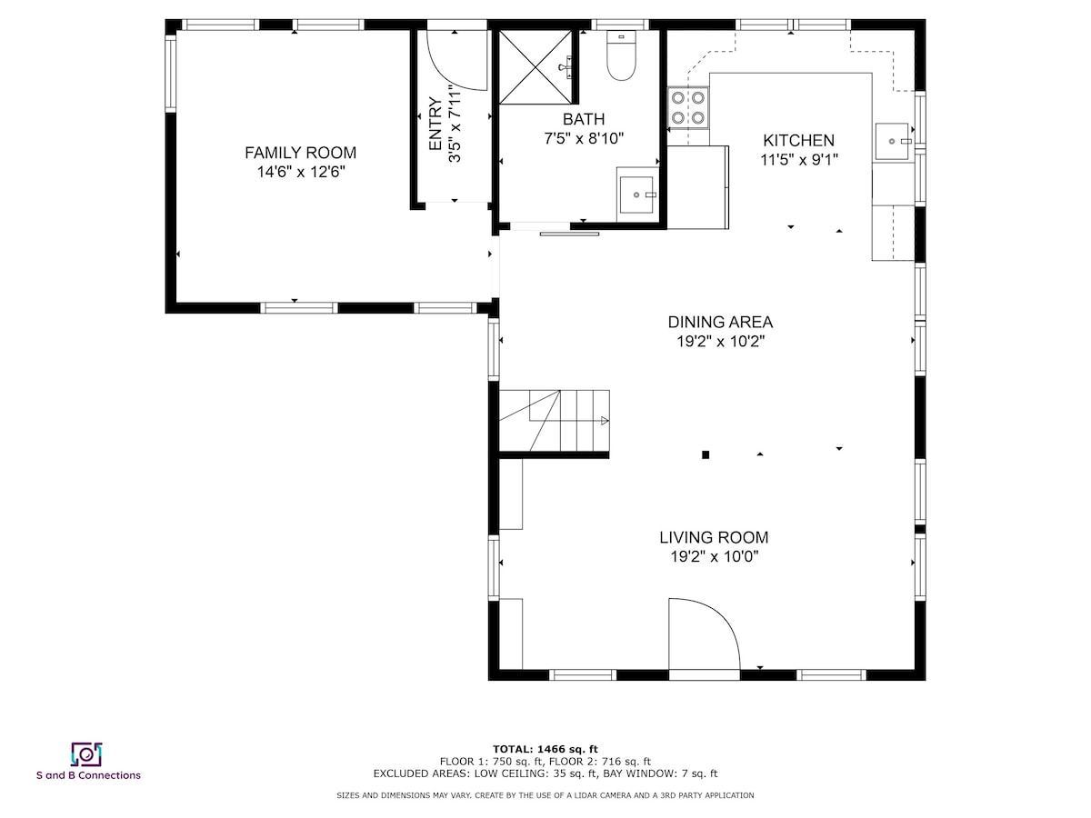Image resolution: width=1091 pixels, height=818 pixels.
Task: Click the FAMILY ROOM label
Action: click(300, 153)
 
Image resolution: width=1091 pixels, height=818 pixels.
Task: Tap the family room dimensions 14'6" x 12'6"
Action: click(301, 172)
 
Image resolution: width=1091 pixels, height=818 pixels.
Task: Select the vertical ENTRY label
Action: click(435, 124)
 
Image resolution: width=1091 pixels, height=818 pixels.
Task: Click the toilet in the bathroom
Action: click(621, 55)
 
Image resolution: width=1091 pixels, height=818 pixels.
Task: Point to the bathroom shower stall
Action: click(535, 67)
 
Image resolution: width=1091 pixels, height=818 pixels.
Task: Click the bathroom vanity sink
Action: click(636, 195)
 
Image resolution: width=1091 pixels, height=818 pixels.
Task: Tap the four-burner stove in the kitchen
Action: click(688, 107)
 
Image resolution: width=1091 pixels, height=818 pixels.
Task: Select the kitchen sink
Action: click(892, 142)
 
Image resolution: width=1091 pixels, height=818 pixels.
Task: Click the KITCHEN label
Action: click(798, 140)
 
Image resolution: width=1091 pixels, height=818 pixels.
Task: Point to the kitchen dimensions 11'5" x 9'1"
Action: click(799, 160)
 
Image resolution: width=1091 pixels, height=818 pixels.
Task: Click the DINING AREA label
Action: click(720, 322)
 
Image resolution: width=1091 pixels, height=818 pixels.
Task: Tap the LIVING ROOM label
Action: click(714, 537)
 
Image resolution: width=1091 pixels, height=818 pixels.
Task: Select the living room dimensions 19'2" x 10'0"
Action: click(715, 556)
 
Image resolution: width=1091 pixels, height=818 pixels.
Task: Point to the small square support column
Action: click(706, 454)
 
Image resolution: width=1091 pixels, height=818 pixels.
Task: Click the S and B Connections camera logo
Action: click(86, 754)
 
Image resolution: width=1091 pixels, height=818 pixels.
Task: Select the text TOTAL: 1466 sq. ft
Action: click(545, 749)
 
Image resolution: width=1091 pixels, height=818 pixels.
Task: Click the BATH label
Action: click(584, 119)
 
